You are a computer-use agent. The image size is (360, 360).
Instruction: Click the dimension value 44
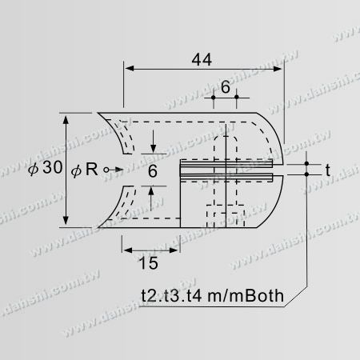202,60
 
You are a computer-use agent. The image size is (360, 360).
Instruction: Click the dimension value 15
149,263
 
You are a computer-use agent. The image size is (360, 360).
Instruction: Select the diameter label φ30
46,168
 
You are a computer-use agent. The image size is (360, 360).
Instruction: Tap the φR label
85,170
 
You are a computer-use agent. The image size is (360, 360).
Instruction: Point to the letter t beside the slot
328,170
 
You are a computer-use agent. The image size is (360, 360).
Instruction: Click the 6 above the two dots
226,87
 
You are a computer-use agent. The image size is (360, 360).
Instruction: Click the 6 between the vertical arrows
153,171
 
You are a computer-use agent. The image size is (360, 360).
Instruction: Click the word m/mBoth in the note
246,296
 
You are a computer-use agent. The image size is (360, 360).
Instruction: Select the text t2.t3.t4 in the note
171,296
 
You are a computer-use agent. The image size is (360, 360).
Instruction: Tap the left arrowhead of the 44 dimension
130,69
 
